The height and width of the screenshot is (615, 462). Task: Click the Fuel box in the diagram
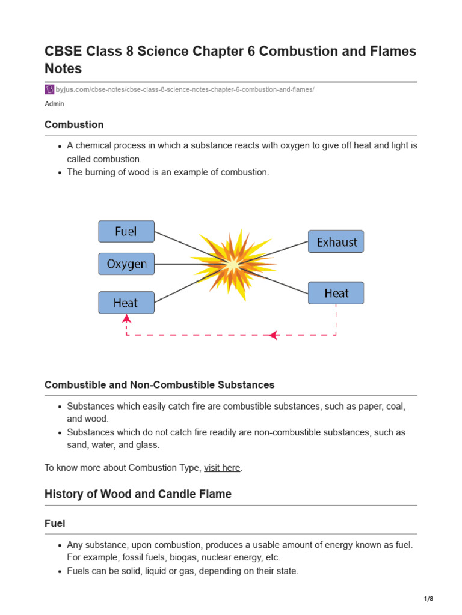tap(126, 231)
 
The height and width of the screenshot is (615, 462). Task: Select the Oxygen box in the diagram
tap(126, 264)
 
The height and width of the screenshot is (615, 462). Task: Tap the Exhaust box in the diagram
tap(336, 241)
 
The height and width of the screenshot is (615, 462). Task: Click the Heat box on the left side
tap(126, 303)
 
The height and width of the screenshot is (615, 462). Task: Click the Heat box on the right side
tap(336, 293)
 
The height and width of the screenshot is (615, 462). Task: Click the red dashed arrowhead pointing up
tap(126, 318)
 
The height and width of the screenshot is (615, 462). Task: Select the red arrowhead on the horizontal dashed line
tap(273, 335)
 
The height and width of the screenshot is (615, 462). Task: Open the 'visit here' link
tap(222, 468)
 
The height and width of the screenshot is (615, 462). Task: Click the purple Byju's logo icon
tap(49, 89)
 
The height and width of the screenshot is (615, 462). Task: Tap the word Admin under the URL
tap(54, 104)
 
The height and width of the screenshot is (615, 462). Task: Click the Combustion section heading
tap(74, 124)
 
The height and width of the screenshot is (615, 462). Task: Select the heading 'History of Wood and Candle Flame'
tap(138, 494)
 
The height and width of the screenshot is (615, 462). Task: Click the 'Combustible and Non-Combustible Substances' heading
tap(159, 384)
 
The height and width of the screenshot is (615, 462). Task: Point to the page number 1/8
tap(428, 599)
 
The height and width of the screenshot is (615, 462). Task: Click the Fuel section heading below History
tap(55, 523)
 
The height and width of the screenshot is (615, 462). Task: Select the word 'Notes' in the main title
tap(63, 68)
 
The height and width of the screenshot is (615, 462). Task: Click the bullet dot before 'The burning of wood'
tap(60, 172)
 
